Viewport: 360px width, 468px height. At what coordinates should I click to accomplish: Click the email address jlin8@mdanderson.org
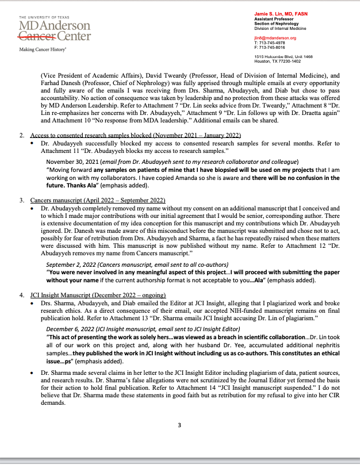pos(275,38)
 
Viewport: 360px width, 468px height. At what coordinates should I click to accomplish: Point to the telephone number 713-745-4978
pos(273,43)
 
